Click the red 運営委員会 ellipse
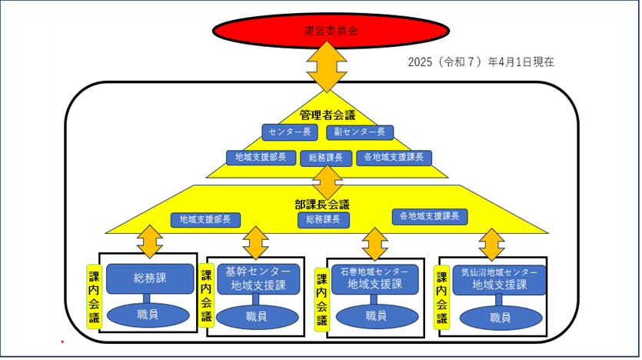pyautogui.click(x=331, y=32)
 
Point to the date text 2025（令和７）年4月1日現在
pyautogui.click(x=481, y=62)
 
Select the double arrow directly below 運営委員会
pyautogui.click(x=331, y=67)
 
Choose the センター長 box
pyautogui.click(x=289, y=132)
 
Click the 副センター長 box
pyautogui.click(x=360, y=132)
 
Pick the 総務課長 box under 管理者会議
pyautogui.click(x=326, y=158)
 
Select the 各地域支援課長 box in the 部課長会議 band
pyautogui.click(x=430, y=217)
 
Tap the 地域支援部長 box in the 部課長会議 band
pyautogui.click(x=205, y=220)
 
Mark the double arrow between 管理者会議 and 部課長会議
pyautogui.click(x=328, y=182)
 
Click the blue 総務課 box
pyautogui.click(x=148, y=278)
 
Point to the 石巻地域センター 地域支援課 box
pyautogui.click(x=374, y=278)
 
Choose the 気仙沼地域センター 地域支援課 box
pyautogui.click(x=500, y=278)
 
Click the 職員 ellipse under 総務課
pyautogui.click(x=148, y=315)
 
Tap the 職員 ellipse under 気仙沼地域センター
pyautogui.click(x=500, y=317)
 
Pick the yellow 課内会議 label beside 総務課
pyautogui.click(x=93, y=297)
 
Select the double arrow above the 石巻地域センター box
pyautogui.click(x=374, y=244)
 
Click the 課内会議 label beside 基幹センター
pyautogui.click(x=205, y=297)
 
